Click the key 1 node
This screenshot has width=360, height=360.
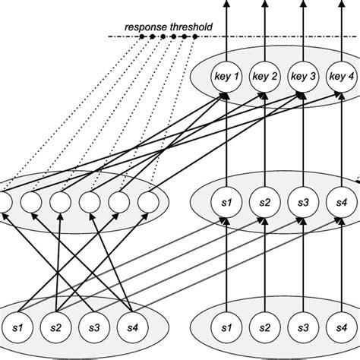pos(226,76)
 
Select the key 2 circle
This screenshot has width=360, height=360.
pos(264,76)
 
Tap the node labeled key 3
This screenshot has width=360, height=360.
pos(303,76)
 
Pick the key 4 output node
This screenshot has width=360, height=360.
pos(340,76)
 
